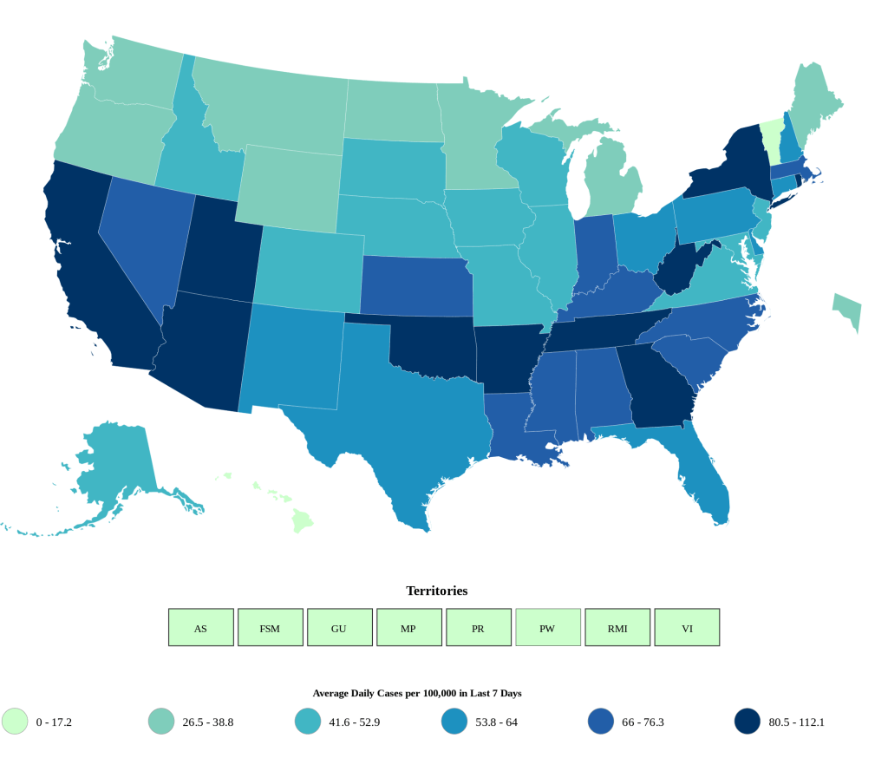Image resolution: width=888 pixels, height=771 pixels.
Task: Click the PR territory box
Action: click(478, 627)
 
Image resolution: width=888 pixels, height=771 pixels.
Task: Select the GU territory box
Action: click(339, 627)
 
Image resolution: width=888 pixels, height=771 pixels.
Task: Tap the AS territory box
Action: click(200, 627)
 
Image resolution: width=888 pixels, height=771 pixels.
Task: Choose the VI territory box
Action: click(686, 627)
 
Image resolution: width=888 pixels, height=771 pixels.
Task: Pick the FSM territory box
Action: click(270, 627)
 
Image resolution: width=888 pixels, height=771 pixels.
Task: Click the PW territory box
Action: click(547, 627)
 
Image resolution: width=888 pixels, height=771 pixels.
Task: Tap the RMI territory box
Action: click(617, 627)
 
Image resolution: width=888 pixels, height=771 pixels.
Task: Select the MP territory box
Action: click(408, 627)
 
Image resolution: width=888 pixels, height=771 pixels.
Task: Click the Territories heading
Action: click(436, 591)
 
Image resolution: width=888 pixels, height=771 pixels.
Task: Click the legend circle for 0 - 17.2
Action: click(15, 722)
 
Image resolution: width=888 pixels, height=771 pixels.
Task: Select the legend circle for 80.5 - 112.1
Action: click(748, 722)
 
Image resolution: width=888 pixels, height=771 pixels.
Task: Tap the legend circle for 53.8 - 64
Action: click(454, 722)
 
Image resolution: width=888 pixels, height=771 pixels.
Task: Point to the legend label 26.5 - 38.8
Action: click(208, 722)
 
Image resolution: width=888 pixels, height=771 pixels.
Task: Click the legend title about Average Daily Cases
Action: click(416, 693)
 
